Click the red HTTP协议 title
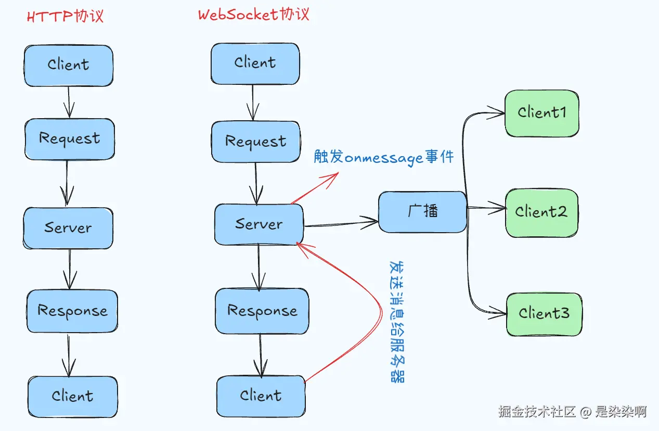coord(65,16)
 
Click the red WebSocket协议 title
coord(253,14)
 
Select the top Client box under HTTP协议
coord(68,65)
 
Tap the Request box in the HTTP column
coord(69,139)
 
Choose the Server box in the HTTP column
coord(68,228)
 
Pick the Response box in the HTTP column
coord(72,311)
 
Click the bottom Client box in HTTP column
coord(72,396)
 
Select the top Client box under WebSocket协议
coord(255,63)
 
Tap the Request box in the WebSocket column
coord(255,142)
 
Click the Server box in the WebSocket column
coord(259,224)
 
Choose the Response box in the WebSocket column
coord(262,311)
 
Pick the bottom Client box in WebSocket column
coord(261,396)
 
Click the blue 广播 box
coord(422,211)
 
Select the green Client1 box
coord(541,113)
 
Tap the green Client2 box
coord(541,212)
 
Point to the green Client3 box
coord(544,314)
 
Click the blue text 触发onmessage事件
coord(384,157)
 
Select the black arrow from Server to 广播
coord(341,224)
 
